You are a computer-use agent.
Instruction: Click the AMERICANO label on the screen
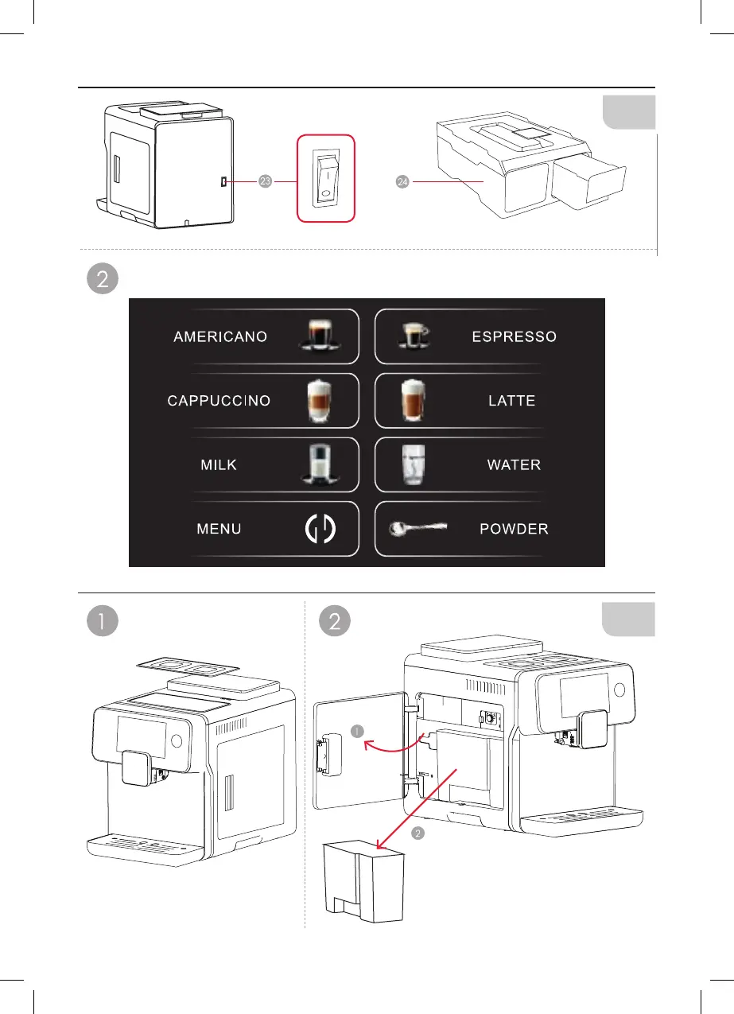pos(220,337)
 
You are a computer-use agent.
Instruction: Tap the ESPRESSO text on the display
pos(514,337)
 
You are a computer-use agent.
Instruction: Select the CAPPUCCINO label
pos(219,401)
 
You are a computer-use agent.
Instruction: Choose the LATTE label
pos(511,402)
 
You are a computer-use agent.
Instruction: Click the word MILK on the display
pos(219,464)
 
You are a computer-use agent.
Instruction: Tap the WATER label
pos(514,464)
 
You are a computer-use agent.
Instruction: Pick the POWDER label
pos(514,529)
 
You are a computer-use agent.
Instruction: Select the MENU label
pos(219,529)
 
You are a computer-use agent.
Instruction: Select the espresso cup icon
pos(412,336)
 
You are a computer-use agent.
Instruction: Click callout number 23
pos(266,182)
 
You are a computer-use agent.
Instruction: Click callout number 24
pos(402,182)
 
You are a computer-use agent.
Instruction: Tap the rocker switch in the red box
pos(327,177)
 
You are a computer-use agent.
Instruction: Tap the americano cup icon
pos(321,334)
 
